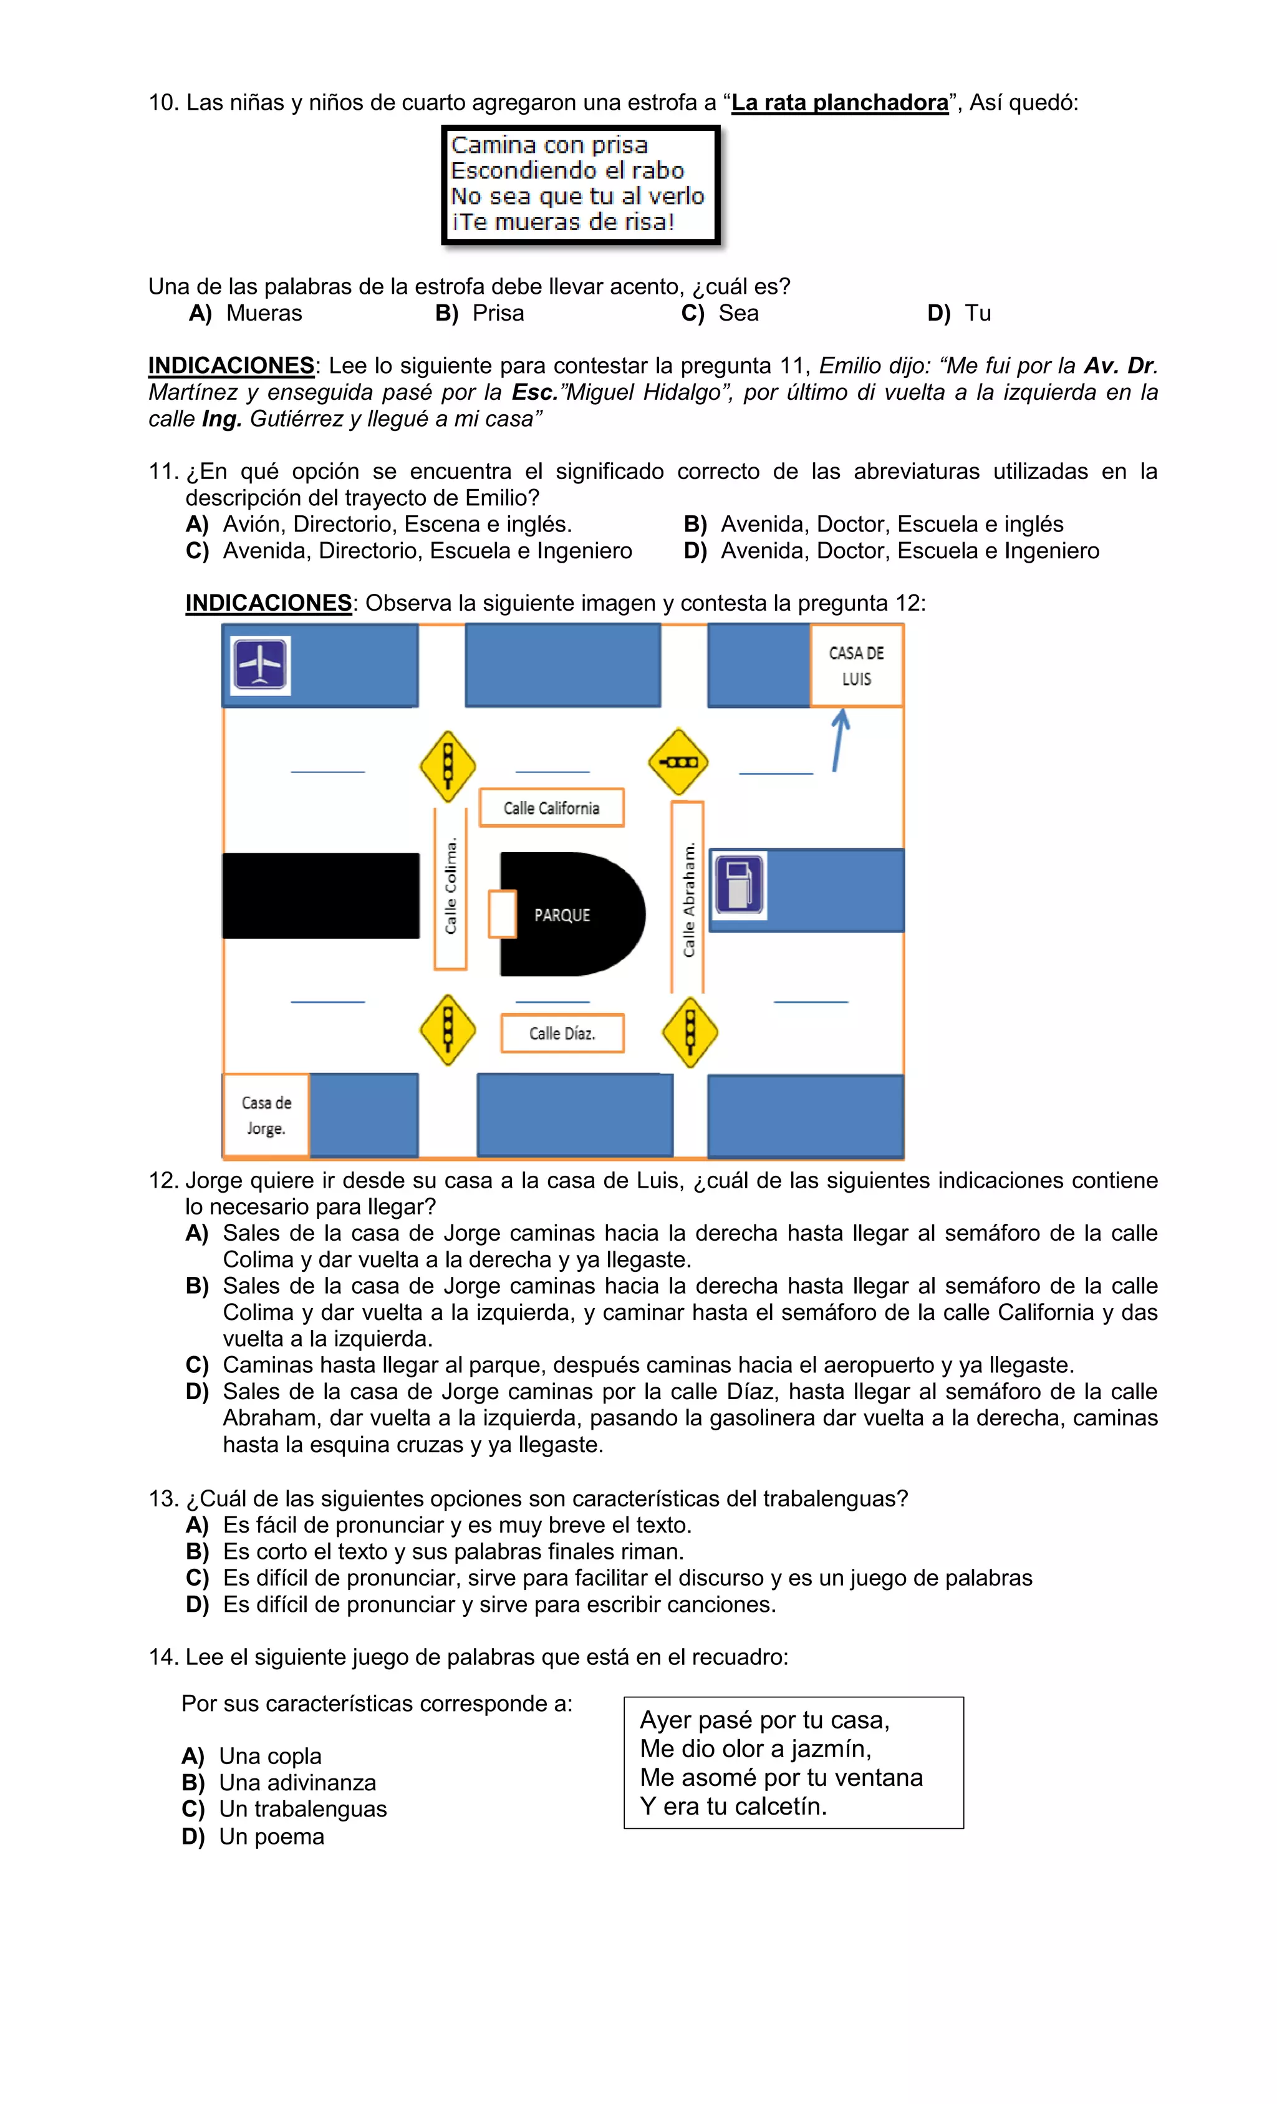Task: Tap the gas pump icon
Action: [x=738, y=885]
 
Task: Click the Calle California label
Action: [x=551, y=807]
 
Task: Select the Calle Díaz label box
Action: [x=562, y=1032]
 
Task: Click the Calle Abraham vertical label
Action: [x=688, y=898]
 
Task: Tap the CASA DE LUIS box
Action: [x=855, y=665]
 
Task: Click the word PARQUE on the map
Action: [x=562, y=914]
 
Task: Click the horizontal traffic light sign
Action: [x=678, y=761]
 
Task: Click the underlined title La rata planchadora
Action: [x=839, y=102]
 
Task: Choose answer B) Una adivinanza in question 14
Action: [x=279, y=1782]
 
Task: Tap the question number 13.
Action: [x=162, y=1498]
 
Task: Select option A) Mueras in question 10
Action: [x=246, y=313]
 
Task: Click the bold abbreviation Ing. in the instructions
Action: [x=222, y=419]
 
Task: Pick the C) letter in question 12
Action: [x=197, y=1365]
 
